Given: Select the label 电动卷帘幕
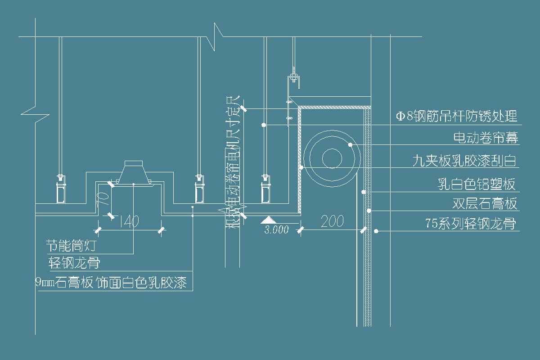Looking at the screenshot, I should (486, 137).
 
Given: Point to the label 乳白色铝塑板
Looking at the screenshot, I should (477, 184).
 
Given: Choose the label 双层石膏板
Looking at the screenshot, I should (485, 204).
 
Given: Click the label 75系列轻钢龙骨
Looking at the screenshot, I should (470, 224).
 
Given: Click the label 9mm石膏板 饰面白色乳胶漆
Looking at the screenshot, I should (111, 283).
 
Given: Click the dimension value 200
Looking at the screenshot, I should (332, 221).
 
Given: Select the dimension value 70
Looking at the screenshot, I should (103, 196).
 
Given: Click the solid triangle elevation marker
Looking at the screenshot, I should (268, 220).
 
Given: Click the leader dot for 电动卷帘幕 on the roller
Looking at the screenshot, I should (350, 144).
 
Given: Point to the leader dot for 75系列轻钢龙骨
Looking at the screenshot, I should (376, 231).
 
